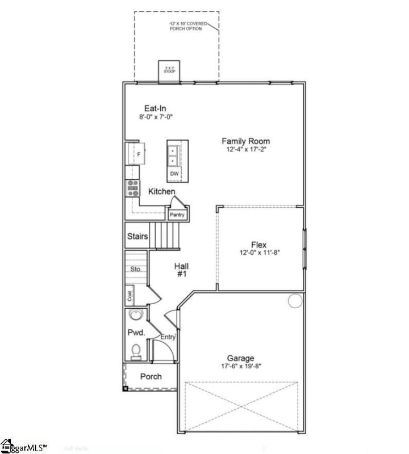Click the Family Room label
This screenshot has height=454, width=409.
(x=245, y=141)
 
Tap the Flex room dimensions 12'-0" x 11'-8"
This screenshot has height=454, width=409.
(x=258, y=253)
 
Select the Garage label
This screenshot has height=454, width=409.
(x=241, y=358)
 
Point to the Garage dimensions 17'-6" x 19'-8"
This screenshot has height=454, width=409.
(x=241, y=366)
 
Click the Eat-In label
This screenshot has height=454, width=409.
(x=155, y=108)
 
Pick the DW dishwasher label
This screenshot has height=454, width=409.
(x=174, y=174)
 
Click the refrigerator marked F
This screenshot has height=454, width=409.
(x=137, y=154)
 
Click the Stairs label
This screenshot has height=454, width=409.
(x=137, y=237)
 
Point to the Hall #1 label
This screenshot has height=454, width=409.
(x=181, y=270)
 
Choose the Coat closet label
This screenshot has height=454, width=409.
(x=130, y=295)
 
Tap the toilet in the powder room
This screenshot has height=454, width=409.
(x=136, y=351)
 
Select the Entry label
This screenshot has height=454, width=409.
(x=168, y=337)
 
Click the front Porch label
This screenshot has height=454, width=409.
(x=151, y=376)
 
